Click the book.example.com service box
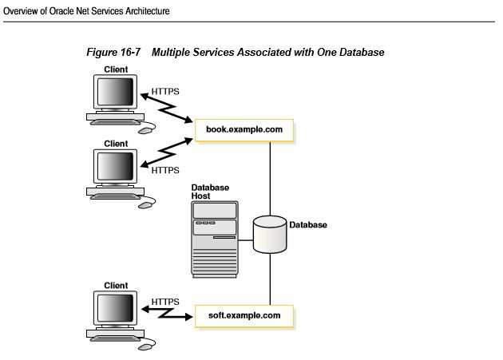coord(244,129)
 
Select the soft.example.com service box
coord(244,315)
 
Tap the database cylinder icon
coord(269,232)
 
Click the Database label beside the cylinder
coord(308,225)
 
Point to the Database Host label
coord(210,192)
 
